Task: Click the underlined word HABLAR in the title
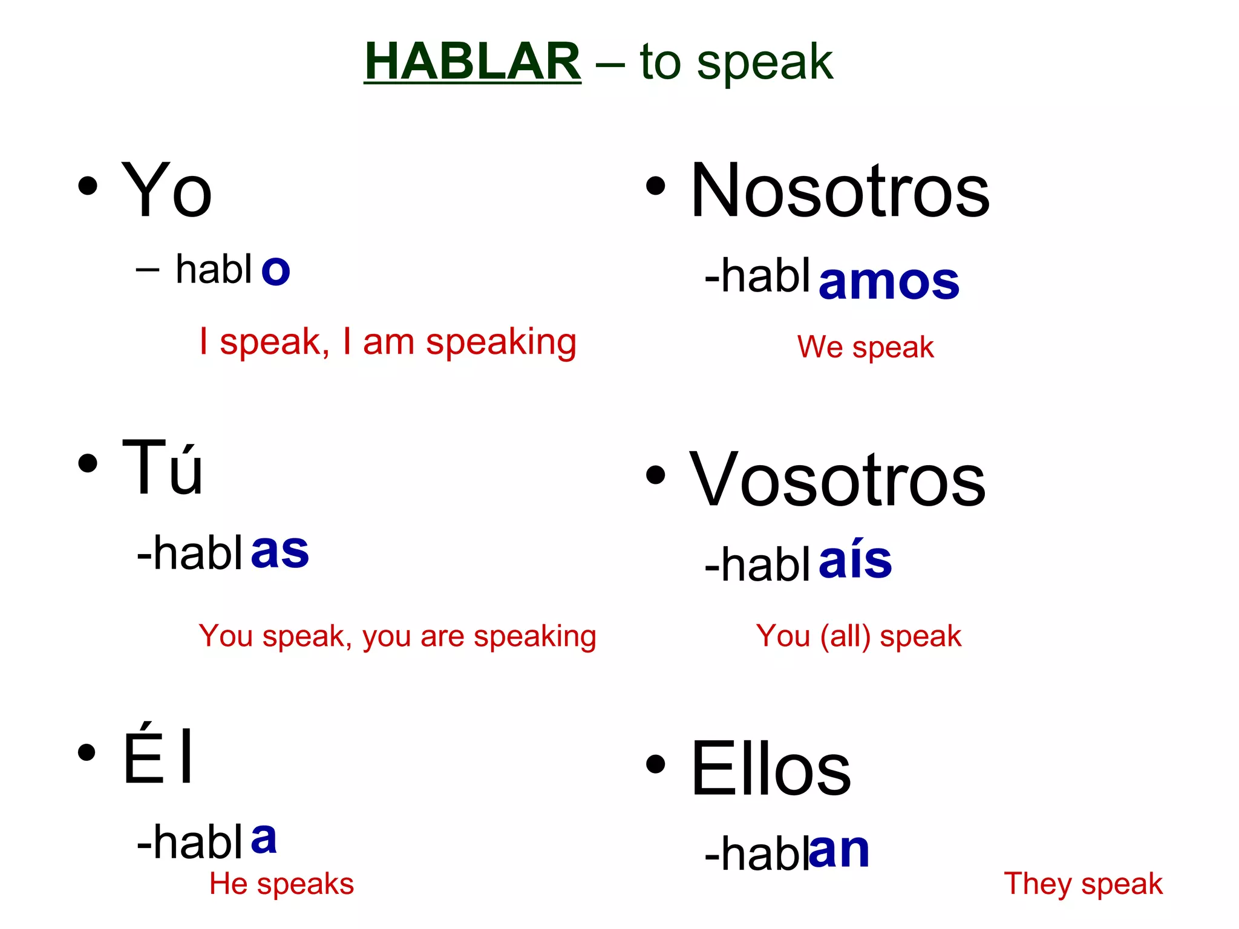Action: (472, 61)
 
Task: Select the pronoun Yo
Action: (166, 191)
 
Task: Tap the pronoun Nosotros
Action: (840, 191)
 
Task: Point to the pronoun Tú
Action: (162, 468)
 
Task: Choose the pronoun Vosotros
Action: (837, 480)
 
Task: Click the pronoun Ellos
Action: (771, 769)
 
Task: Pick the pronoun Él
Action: (159, 756)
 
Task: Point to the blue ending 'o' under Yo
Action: (276, 270)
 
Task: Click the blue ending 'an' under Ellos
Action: (840, 850)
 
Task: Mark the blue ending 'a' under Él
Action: (264, 838)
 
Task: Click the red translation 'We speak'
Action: (865, 347)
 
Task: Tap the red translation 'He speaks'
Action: (281, 884)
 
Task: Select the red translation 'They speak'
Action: (1083, 884)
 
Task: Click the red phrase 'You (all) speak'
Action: (858, 636)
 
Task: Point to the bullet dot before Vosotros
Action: (655, 475)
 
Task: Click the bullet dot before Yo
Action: (88, 186)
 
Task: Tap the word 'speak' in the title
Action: (765, 62)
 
